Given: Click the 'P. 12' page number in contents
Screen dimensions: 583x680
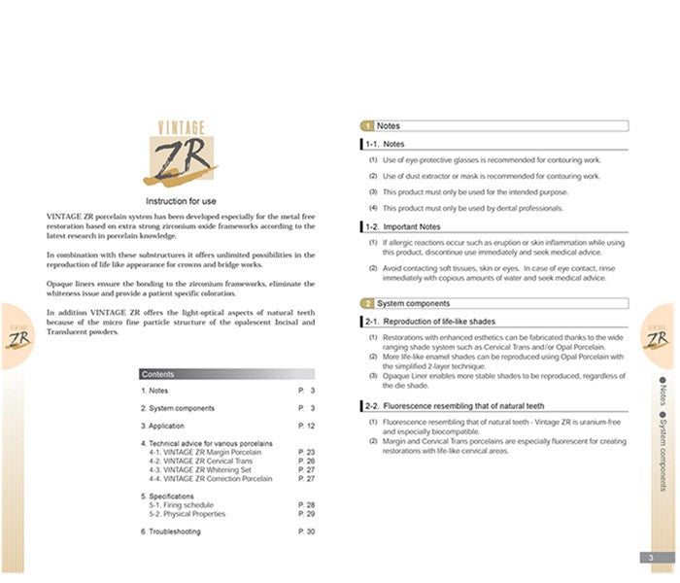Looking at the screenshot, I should click(306, 426).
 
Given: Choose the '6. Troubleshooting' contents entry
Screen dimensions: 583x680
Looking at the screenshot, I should click(171, 532).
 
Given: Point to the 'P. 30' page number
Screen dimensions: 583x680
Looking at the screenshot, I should click(306, 532).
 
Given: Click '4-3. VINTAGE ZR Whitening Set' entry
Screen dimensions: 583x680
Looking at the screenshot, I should click(210, 469).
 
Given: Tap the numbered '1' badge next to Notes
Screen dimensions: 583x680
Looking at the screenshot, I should click(367, 126).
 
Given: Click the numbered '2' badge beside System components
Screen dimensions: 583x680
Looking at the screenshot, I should click(367, 303).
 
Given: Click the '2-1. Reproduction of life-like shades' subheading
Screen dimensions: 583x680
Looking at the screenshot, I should click(429, 321).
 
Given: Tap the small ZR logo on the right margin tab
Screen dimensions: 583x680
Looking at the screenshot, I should click(657, 338).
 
